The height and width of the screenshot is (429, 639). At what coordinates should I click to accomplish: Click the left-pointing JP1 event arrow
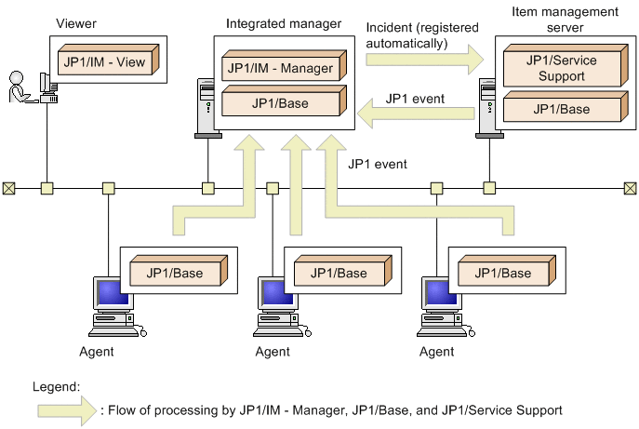tap(419, 114)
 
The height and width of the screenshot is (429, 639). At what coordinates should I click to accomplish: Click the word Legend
tap(57, 384)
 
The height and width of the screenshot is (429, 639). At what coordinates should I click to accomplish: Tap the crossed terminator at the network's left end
tap(8, 189)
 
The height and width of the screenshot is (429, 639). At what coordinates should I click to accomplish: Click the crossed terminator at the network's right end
tap(631, 189)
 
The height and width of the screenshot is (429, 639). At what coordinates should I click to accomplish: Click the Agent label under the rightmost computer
tap(437, 352)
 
